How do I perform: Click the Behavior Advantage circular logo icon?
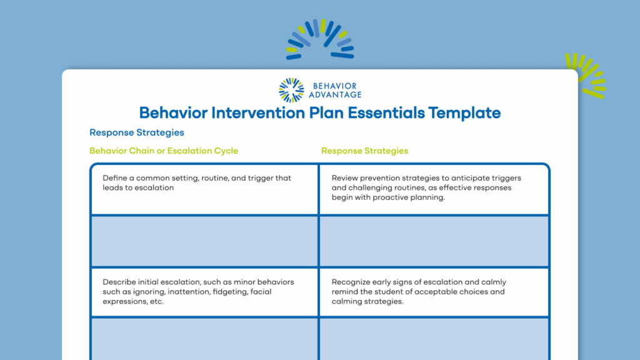click(x=291, y=90)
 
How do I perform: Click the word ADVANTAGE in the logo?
click(x=334, y=95)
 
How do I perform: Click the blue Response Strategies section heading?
click(x=136, y=132)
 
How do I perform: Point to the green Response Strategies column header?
click(x=364, y=151)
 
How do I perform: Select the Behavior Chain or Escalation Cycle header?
click(x=164, y=151)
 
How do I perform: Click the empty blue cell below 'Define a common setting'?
click(x=204, y=241)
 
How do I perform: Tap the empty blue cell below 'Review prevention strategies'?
click(x=434, y=241)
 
